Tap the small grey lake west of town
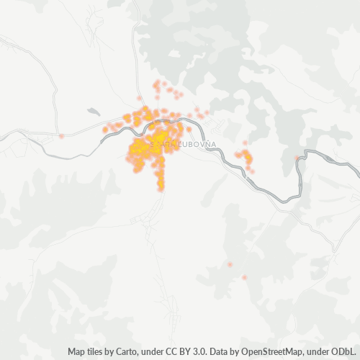coord(93,112)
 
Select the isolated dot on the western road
coord(62,135)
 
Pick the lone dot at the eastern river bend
coord(297,158)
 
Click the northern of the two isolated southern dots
coord(230,264)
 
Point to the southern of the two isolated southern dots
coord(244,277)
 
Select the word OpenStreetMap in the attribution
coord(269,352)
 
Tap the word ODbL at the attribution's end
coord(344,352)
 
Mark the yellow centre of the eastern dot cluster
coord(248,156)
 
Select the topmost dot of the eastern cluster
coord(245,143)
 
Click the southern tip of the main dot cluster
coord(161,188)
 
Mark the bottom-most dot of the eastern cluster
coord(250,170)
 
